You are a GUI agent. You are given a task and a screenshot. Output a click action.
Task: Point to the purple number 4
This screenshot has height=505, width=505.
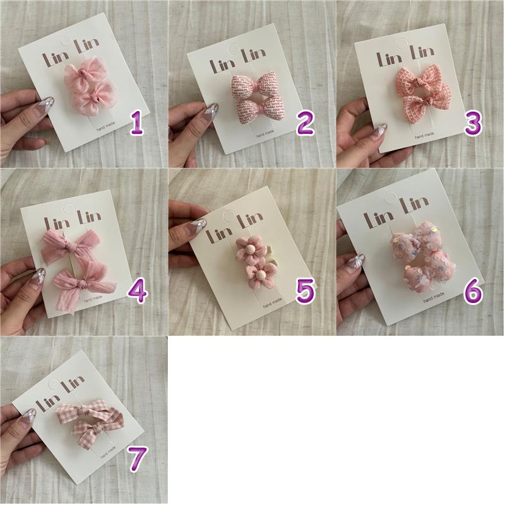(138, 292)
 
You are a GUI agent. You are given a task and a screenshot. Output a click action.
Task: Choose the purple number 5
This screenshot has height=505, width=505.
(305, 292)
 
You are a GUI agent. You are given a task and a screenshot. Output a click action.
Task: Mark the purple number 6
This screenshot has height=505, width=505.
(473, 292)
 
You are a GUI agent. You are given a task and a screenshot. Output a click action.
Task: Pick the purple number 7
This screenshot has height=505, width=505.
(138, 459)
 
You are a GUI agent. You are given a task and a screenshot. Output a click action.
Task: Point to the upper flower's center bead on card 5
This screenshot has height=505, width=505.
(249, 250)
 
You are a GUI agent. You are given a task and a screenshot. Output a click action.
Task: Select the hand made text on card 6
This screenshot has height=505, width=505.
(434, 297)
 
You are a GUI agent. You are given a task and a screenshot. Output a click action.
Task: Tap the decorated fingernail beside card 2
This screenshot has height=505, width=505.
(212, 110)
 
